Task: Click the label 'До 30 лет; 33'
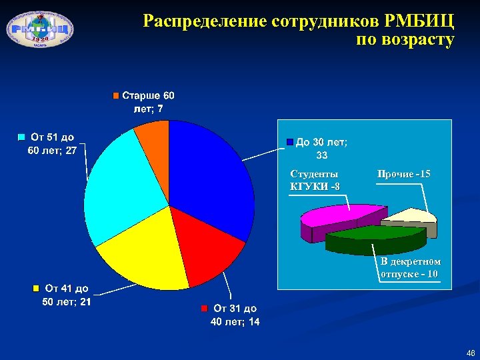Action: pyautogui.click(x=321, y=148)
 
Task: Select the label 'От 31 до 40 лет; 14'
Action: pyautogui.click(x=235, y=315)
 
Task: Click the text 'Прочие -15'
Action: pyautogui.click(x=404, y=174)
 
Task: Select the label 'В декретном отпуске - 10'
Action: pyautogui.click(x=409, y=268)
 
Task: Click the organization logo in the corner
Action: pyautogui.click(x=39, y=27)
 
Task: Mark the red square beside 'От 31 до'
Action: pyautogui.click(x=205, y=309)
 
